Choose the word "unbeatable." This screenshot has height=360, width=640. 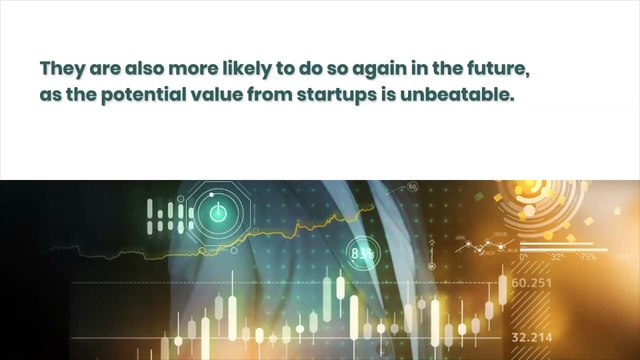click(457, 95)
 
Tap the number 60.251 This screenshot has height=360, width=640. click(531, 283)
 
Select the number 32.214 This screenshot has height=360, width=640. click(532, 338)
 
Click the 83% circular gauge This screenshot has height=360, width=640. click(363, 254)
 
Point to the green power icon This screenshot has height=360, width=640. click(218, 213)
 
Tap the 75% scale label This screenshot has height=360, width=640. click(588, 257)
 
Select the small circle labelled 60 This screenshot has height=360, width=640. click(412, 187)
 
